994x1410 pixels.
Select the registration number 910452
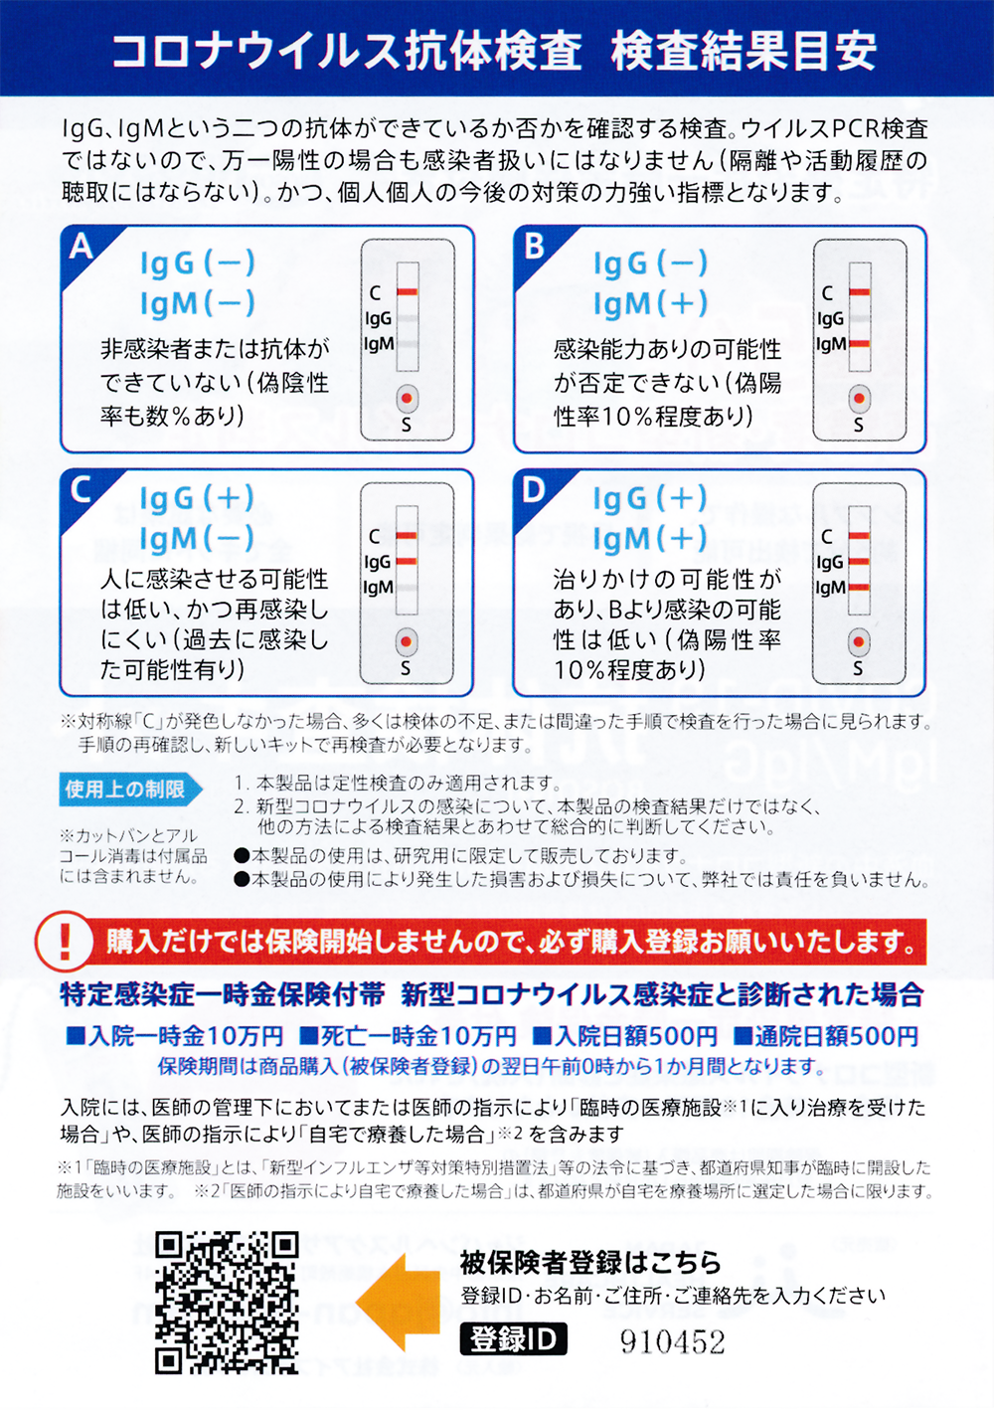click(x=673, y=1342)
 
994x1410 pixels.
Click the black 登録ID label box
click(x=513, y=1338)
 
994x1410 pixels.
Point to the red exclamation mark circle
click(x=64, y=943)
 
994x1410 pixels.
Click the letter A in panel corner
click(x=82, y=247)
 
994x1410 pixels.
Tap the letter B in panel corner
click(x=534, y=247)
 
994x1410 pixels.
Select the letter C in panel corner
click(x=82, y=489)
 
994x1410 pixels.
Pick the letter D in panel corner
click(x=534, y=489)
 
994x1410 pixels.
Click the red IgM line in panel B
click(x=860, y=344)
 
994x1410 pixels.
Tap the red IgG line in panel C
click(x=407, y=561)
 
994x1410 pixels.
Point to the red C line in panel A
click(x=407, y=291)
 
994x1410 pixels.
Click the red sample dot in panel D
click(x=859, y=642)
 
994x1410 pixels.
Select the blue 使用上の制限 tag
click(x=129, y=790)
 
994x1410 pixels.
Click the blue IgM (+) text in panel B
click(x=650, y=304)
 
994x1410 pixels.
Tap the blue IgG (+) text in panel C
click(x=197, y=499)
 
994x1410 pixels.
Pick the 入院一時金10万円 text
click(x=175, y=1036)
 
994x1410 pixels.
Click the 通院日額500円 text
click(x=827, y=1036)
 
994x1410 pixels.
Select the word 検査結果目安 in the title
click(x=744, y=51)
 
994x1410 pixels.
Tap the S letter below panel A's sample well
click(x=407, y=427)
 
